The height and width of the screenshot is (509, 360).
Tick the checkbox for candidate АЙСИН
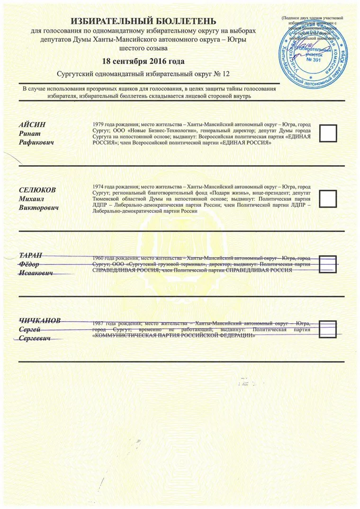[328, 133]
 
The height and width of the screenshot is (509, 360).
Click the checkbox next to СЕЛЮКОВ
[328, 198]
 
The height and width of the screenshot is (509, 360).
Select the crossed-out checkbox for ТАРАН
[328, 263]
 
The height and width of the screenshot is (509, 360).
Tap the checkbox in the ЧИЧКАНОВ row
[328, 329]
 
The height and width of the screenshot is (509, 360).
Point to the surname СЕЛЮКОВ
[37, 190]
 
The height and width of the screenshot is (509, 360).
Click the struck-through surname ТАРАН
[31, 256]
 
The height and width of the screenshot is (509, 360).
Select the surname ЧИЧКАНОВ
[40, 321]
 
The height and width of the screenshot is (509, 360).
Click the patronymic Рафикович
[37, 143]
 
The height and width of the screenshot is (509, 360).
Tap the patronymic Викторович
[39, 207]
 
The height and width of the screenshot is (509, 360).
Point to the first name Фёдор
[29, 264]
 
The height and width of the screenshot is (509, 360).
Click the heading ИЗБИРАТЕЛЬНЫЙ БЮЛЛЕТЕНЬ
[144, 21]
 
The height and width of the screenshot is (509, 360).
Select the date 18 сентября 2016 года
[144, 62]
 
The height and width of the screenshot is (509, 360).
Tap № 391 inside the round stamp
[314, 60]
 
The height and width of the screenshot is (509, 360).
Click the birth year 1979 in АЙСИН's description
[99, 125]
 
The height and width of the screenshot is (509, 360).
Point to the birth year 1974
[99, 187]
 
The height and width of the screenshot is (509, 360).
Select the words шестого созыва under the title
[144, 48]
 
